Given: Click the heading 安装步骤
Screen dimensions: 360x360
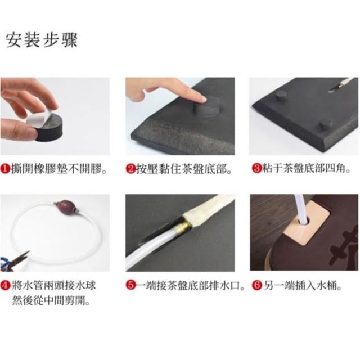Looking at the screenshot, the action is coord(42,40).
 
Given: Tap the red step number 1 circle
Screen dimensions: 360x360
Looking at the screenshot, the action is coord(5,169).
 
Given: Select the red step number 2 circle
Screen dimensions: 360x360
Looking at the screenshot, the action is coord(130,169).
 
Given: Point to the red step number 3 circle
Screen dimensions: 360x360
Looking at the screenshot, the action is coord(256,168).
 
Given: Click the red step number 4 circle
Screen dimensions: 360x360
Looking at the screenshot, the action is coord(5,286).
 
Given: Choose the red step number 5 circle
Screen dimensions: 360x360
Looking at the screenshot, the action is coord(130,285).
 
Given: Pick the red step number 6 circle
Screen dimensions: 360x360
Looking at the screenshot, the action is coord(257,285).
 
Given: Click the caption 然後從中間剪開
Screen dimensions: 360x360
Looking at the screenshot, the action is coord(51,300).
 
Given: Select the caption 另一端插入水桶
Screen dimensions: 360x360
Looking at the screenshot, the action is coord(302,285).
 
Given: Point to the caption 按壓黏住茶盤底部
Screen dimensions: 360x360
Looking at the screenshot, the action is coord(184,169).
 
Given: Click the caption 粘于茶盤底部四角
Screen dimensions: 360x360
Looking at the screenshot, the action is coord(307,169).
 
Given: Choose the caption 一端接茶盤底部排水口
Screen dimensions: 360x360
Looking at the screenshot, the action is coord(191,285).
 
